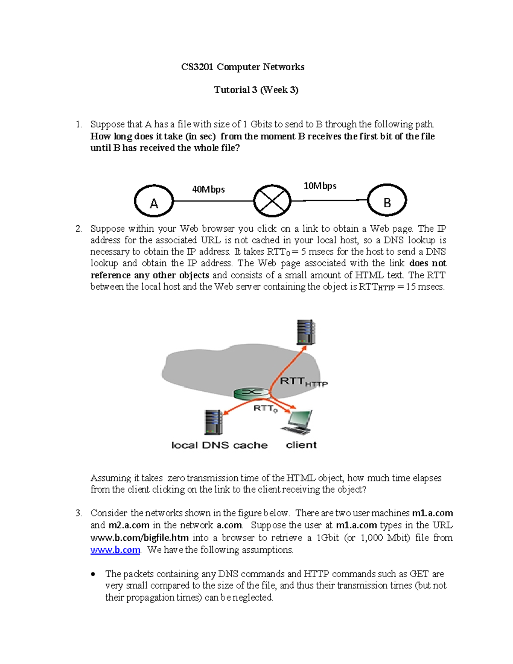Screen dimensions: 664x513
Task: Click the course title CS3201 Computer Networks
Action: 242,67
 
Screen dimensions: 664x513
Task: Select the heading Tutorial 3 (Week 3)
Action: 256,90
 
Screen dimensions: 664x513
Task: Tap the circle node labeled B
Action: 387,201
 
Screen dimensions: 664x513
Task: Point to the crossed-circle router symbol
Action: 272,201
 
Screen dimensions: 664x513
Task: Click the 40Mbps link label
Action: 208,189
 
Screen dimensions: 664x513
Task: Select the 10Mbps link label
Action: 320,186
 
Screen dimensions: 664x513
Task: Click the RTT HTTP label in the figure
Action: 304,381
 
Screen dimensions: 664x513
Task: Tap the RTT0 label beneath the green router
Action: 265,409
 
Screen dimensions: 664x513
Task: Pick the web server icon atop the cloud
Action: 306,332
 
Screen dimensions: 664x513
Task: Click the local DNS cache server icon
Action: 213,422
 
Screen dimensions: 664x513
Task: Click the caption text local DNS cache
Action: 219,445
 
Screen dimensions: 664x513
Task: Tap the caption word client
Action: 301,445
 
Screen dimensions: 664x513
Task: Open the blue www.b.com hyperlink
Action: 115,550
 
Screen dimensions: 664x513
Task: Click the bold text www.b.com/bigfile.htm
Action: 139,538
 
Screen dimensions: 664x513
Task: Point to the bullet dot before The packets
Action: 93,575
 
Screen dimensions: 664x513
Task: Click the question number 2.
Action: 78,229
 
